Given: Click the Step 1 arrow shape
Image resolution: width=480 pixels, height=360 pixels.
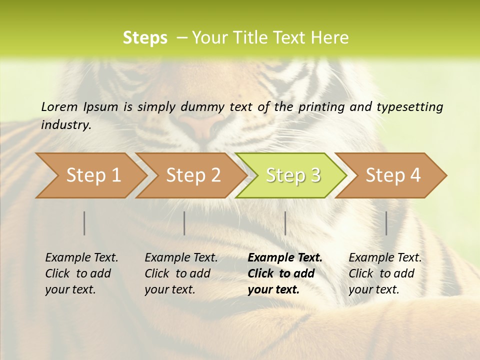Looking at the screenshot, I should (90, 175).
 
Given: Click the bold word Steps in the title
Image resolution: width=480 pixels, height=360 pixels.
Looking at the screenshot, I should (145, 38).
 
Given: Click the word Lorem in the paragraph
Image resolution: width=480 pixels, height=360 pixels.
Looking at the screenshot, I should (59, 107).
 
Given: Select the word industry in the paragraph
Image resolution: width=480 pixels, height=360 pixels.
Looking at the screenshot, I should (65, 125).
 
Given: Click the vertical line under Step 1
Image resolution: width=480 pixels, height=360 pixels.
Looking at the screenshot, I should (84, 223).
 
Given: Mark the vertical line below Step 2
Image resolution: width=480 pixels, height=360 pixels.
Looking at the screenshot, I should (184, 223).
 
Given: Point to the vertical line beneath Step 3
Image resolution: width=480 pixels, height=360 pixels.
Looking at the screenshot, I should (285, 223).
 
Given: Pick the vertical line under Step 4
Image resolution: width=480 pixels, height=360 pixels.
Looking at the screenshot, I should (386, 223).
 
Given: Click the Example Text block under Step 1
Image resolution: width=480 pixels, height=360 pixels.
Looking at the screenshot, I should (81, 273).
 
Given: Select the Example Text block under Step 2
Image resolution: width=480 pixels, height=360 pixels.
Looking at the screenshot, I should (181, 273).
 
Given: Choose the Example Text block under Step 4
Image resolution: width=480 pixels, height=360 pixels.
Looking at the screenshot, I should (385, 273).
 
